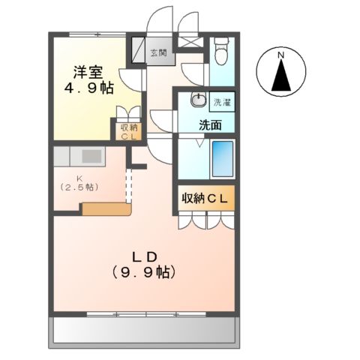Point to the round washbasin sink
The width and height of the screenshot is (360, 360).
[199, 101]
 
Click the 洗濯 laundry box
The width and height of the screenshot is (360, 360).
[222, 100]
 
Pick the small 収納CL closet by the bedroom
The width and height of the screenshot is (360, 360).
[127, 131]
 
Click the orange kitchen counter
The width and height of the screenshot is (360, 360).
[106, 208]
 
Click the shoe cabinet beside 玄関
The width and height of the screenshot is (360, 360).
[138, 50]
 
